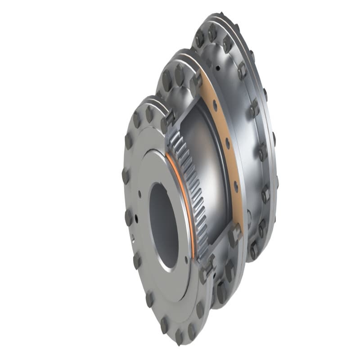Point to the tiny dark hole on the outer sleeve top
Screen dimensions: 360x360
point(218,68)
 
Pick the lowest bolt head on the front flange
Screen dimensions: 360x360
point(179,335)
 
